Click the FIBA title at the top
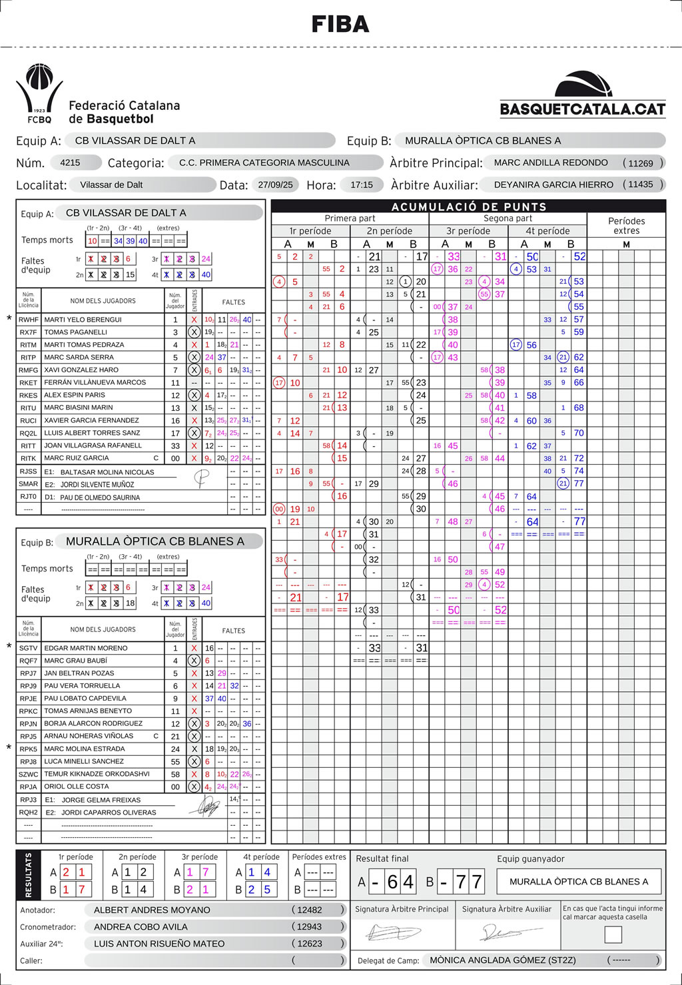tap(340, 25)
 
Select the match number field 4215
tap(70, 163)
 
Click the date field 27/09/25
tap(276, 184)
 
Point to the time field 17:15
tap(362, 184)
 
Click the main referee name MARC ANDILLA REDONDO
tap(550, 163)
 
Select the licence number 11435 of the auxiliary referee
tap(641, 184)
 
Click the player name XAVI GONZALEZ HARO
tap(81, 370)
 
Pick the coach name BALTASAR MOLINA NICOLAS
tap(107, 472)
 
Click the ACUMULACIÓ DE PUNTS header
tap(469, 206)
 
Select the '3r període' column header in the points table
tap(468, 231)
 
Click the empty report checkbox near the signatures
tap(613, 934)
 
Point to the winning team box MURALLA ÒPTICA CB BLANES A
tap(579, 881)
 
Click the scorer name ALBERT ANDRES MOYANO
tap(152, 910)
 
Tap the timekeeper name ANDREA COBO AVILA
tap(141, 926)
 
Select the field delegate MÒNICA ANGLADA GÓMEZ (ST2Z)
tap(503, 960)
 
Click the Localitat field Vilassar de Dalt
tap(111, 184)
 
